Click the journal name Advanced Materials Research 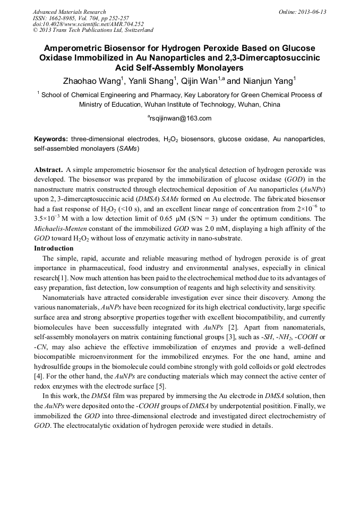point(69,12)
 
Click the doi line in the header point(88,24)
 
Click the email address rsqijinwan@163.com point(180,118)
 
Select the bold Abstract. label point(48,170)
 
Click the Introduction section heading point(54,248)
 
